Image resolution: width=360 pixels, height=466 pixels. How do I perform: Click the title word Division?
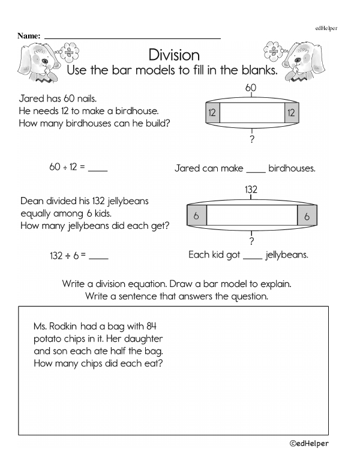(x=173, y=55)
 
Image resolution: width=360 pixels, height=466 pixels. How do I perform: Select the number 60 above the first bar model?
(x=251, y=88)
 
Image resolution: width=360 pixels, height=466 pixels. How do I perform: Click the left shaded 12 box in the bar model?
(x=212, y=112)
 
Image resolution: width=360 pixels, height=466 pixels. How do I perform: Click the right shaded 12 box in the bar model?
(x=291, y=112)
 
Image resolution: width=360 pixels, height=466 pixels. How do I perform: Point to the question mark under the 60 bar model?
(x=251, y=141)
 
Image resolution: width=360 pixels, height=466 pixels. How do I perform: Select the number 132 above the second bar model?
(x=251, y=190)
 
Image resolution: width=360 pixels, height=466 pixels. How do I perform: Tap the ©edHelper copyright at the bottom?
(x=308, y=444)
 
